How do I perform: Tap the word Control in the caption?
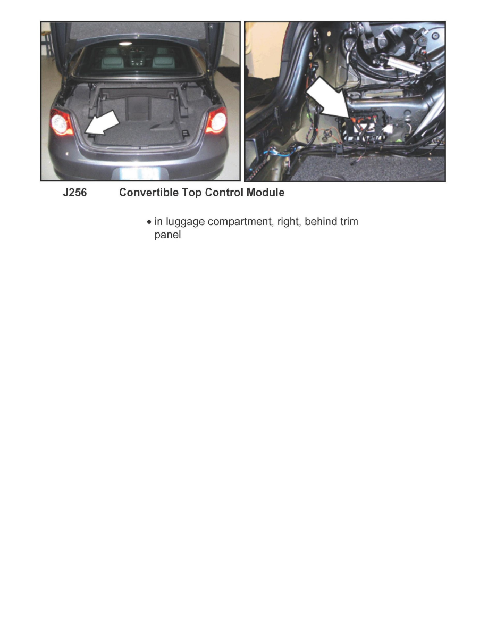[222, 193]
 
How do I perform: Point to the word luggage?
[184, 222]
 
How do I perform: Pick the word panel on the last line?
[167, 235]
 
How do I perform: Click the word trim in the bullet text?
[348, 221]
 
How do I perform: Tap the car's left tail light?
[61, 122]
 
